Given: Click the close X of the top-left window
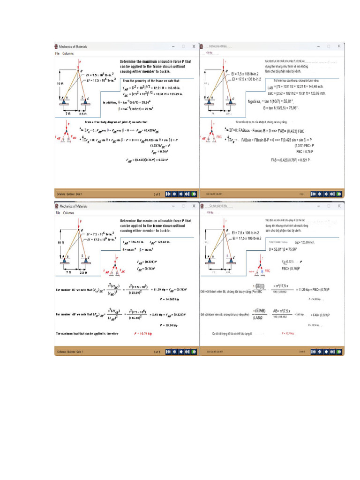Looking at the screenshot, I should click(x=194, y=46).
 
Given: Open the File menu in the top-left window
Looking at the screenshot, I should click(x=57, y=53).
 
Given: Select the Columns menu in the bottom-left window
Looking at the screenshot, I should click(x=68, y=213).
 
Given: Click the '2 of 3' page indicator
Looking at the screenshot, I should click(x=157, y=194).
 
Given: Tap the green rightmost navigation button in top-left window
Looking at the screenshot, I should click(x=194, y=194).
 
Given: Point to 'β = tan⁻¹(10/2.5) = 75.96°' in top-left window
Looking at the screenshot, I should click(x=143, y=109).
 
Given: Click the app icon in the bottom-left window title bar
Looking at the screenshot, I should click(x=56, y=206).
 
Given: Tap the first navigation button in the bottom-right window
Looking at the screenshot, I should click(x=313, y=351).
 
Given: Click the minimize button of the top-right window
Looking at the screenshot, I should click(x=318, y=46).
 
